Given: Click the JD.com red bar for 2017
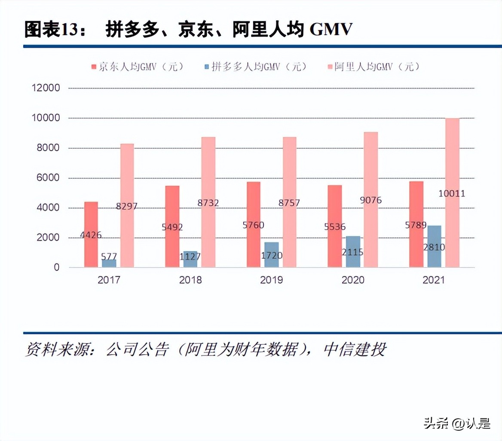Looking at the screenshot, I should (91, 234).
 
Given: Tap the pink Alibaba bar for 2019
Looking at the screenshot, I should (289, 202).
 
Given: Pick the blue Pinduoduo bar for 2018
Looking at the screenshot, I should (190, 259).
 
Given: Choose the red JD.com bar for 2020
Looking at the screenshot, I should (335, 226).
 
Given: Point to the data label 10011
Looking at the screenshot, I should (452, 193).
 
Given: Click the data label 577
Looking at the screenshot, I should (109, 257).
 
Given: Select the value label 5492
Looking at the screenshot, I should (172, 227).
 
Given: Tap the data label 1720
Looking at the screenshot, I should (272, 256).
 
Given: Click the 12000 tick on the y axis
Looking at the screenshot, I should (46, 88).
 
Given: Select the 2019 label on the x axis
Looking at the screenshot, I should (272, 280).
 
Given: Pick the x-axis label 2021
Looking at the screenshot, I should (434, 280).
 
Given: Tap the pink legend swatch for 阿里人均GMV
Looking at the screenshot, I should (330, 67).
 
